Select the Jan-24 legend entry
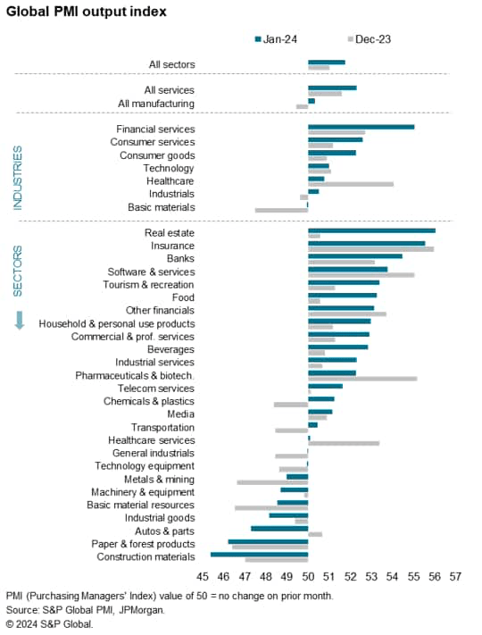[x=280, y=39]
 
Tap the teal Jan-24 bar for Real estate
[x=371, y=230]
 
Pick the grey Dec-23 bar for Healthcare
[x=350, y=184]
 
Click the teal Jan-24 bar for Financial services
[x=361, y=127]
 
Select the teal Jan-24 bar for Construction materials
[x=259, y=555]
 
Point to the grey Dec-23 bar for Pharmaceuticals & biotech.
[x=361, y=379]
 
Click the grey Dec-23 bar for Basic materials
[x=281, y=210]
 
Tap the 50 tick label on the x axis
[x=308, y=577]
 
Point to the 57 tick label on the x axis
[x=455, y=577]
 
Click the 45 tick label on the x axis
[x=203, y=577]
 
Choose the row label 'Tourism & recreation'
[x=150, y=284]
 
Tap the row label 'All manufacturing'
[x=156, y=104]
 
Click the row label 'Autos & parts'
[x=164, y=531]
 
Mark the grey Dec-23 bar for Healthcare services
[x=344, y=443]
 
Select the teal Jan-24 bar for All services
[x=332, y=88]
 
